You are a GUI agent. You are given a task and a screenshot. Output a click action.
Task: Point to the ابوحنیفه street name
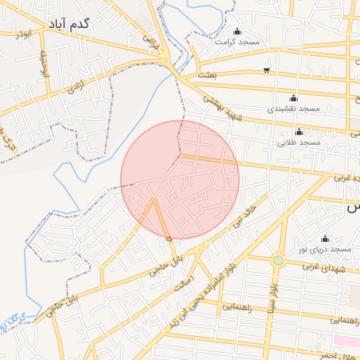click(43, 66)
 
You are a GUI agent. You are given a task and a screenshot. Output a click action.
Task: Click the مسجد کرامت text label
click(238, 42)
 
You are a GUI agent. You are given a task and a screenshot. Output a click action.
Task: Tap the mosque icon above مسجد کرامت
click(236, 31)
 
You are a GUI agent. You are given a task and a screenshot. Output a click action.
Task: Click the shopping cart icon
click(266, 70)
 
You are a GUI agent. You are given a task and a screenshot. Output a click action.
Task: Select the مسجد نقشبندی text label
click(294, 109)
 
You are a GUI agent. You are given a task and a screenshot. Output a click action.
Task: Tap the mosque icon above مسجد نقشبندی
click(293, 98)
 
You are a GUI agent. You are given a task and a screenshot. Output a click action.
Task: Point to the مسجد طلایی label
click(302, 142)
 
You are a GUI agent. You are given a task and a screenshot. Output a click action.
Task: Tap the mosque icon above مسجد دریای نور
click(325, 238)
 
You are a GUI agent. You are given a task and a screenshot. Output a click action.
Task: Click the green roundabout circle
click(278, 260)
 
